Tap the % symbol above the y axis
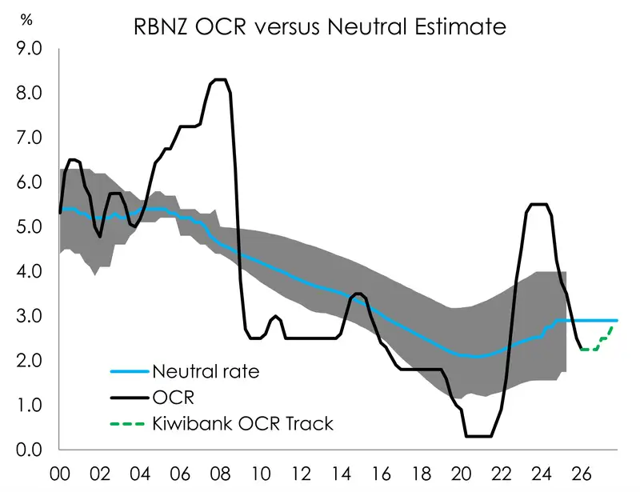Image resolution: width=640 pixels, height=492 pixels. [x=27, y=20]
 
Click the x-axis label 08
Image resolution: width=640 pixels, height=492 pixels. [x=217, y=474]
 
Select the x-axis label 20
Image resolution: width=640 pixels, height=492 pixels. [x=463, y=474]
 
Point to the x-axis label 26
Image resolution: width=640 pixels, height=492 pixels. [x=583, y=474]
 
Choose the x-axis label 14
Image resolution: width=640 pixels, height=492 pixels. [x=340, y=474]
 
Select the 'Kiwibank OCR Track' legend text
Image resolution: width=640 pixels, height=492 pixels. [x=242, y=423]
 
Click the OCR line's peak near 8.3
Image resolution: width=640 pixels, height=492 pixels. [x=219, y=80]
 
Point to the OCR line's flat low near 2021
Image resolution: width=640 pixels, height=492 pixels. [x=478, y=436]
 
